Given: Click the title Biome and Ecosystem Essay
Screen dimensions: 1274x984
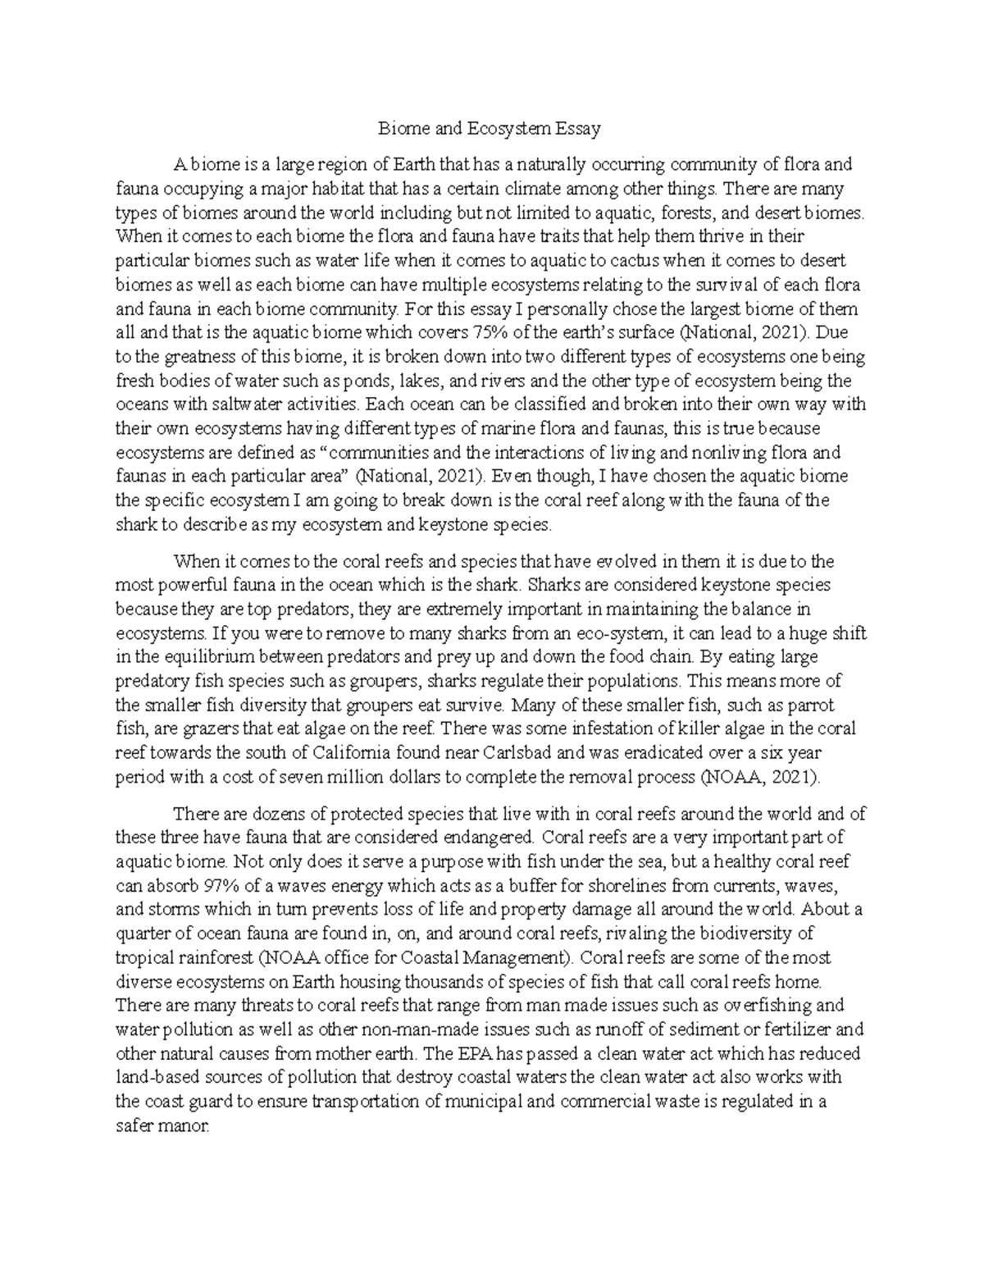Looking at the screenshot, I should (x=490, y=129).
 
